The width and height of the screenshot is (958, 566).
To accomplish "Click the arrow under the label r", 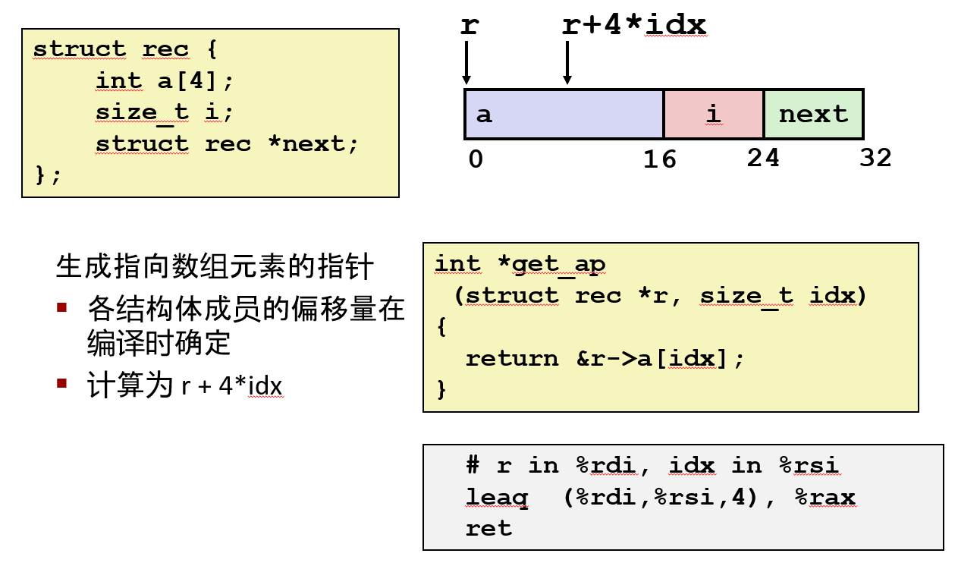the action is click(x=466, y=62).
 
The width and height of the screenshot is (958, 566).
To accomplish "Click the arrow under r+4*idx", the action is click(x=567, y=62).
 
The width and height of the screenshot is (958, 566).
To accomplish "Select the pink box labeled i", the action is click(x=713, y=115).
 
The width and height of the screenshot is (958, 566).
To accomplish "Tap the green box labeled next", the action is click(x=813, y=115).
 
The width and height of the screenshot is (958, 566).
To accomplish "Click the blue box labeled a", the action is click(x=564, y=115).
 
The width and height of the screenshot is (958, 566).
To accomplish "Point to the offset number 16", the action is click(x=659, y=159).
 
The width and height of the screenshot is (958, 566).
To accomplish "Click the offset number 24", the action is click(x=762, y=158).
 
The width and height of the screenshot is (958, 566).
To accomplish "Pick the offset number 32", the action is click(x=875, y=158).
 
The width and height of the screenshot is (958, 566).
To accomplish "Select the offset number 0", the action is click(x=475, y=159).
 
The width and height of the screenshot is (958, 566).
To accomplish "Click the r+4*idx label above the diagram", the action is click(x=634, y=25).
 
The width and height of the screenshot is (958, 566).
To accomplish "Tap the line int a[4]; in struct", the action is click(x=165, y=80).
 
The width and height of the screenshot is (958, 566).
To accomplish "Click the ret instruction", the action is click(x=488, y=528).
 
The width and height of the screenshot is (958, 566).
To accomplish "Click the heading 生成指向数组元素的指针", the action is click(x=215, y=267).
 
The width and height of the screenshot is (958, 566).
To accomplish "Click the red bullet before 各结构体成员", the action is click(x=62, y=307).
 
